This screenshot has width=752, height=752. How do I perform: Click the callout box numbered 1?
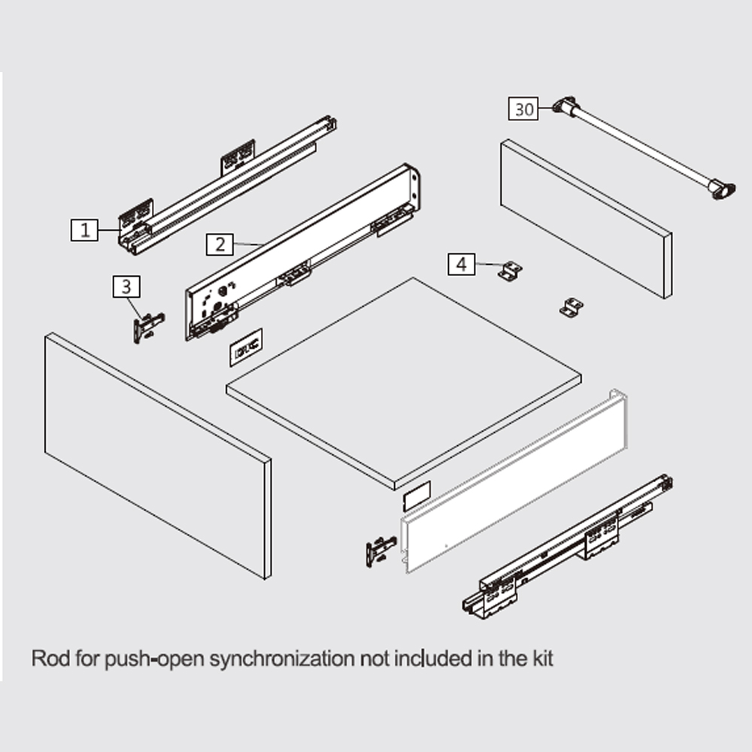85,229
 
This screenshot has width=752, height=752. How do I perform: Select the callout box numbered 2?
220,244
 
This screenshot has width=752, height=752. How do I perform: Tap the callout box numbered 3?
126,287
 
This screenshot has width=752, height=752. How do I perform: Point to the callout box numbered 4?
462,264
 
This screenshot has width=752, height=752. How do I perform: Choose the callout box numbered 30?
523,109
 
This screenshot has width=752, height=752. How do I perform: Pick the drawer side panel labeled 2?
303,252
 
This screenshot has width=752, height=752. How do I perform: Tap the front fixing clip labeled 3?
148,327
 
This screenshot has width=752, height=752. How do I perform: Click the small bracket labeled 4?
511,271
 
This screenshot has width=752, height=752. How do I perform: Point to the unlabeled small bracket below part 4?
572,307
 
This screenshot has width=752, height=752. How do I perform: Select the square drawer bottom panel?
404,384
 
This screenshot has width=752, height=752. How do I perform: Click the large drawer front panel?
158,456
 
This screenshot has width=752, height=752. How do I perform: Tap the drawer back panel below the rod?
586,219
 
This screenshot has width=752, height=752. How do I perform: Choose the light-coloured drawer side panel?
514,481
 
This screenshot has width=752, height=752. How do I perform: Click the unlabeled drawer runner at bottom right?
567,547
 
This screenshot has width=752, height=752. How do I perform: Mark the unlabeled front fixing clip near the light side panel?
381,551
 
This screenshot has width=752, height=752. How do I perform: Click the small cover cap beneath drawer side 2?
246,347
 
